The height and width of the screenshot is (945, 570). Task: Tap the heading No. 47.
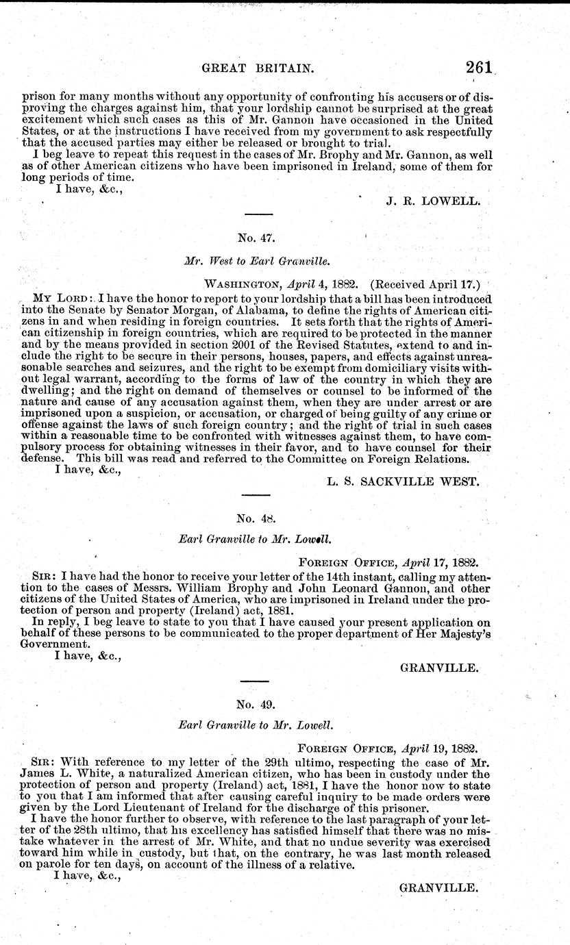256,238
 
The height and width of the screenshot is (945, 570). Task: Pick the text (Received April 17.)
425,281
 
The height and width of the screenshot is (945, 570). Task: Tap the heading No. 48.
256,518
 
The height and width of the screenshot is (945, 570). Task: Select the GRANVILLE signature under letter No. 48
438,666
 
